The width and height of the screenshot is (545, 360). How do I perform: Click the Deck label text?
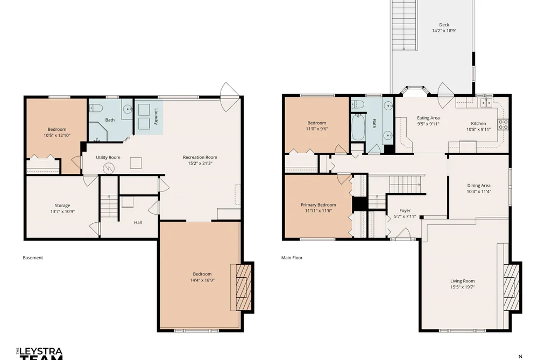coord(444,25)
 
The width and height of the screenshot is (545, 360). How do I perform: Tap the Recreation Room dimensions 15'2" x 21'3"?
coord(200,163)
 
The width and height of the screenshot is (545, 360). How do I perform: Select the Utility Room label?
coord(108,158)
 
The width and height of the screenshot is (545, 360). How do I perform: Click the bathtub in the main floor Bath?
coord(358,127)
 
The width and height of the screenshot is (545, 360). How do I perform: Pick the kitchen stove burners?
coord(503,124)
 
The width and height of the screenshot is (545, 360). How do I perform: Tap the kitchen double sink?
coord(486,103)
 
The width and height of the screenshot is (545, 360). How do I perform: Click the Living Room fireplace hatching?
coord(512,287)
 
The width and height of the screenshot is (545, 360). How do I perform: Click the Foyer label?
coord(405,210)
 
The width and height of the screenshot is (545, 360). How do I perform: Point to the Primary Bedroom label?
coord(318,204)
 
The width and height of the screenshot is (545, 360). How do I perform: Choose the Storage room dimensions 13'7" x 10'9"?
coord(62,211)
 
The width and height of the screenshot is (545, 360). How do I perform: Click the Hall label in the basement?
coord(138,222)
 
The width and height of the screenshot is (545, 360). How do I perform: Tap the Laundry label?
coord(156,116)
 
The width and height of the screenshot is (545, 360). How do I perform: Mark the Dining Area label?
coord(479,186)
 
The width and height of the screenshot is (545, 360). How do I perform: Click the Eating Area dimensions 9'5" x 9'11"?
coord(428,124)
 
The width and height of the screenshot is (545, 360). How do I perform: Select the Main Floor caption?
coord(292,258)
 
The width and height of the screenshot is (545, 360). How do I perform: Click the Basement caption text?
coord(33,258)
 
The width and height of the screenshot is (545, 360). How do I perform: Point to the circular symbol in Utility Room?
coord(109,168)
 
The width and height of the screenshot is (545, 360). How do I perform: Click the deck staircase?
coord(404,25)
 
